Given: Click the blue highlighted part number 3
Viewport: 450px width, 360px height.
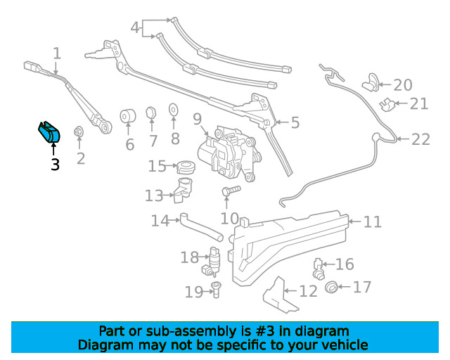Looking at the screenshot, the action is (x=49, y=132).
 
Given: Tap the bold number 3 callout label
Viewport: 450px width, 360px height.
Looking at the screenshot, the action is (x=55, y=165).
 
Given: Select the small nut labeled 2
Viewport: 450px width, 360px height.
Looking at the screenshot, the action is (x=78, y=131).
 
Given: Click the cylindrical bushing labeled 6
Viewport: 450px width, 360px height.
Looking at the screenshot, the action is (x=128, y=116).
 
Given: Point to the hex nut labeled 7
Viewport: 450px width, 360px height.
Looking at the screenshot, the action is (x=151, y=112).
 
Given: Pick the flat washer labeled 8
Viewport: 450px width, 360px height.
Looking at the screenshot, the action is (x=173, y=110).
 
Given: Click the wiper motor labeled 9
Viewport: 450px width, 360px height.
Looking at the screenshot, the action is (x=230, y=153).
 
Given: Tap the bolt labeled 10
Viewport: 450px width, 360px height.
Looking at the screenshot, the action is (x=231, y=191).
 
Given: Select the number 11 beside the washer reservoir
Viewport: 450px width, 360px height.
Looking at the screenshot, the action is (x=373, y=222).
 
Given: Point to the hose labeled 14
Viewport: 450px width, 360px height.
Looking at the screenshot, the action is (x=201, y=227).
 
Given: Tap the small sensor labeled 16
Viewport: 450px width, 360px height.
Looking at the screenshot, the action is (x=318, y=269).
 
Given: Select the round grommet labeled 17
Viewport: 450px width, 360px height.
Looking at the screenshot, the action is (x=331, y=287).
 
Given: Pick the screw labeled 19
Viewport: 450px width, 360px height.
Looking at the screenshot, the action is (x=216, y=290).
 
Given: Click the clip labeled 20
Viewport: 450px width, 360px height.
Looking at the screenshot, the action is (x=371, y=82).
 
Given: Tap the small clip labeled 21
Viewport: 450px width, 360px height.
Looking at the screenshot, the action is (x=387, y=105).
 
